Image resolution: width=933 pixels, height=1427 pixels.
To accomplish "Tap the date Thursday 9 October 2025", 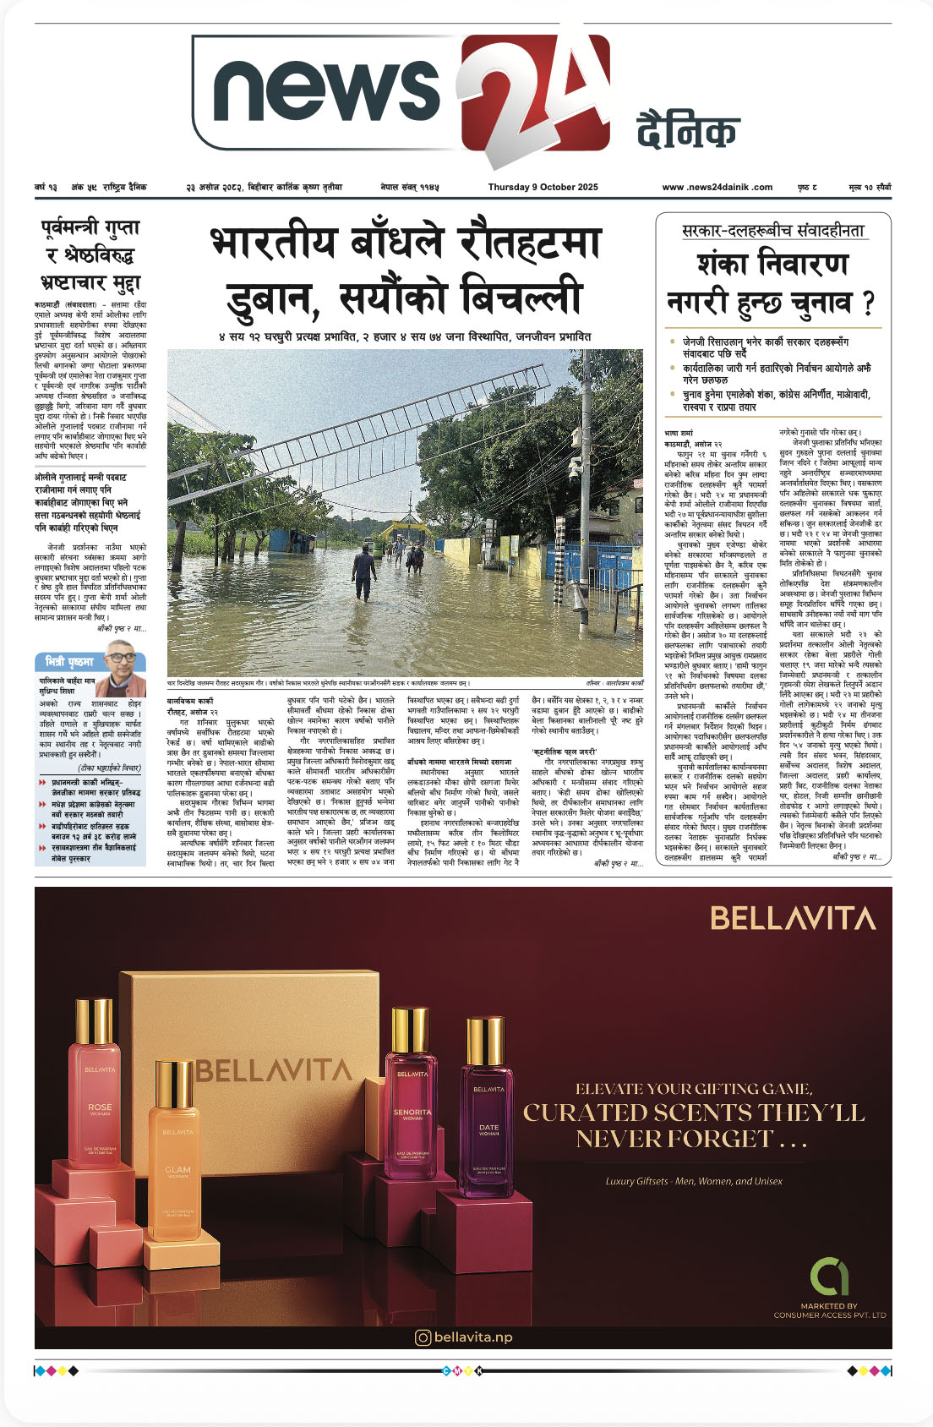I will (x=543, y=187).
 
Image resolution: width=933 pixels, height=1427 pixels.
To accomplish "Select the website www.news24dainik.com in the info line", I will (x=717, y=187).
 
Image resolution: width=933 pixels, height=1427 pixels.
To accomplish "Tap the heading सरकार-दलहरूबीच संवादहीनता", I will (x=773, y=231).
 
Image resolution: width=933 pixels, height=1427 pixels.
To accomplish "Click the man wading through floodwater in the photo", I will (x=364, y=572).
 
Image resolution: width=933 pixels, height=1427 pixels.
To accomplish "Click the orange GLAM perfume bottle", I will (x=177, y=1158).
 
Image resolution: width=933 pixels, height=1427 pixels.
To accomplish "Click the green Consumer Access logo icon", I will (x=829, y=1277).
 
